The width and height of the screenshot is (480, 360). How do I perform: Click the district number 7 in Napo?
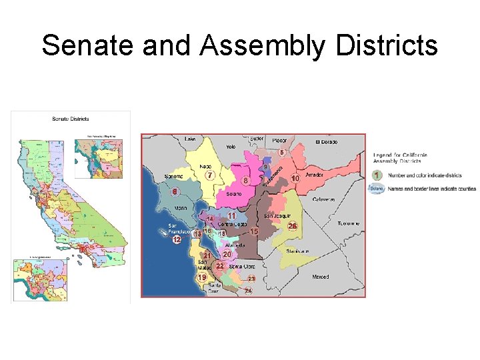[210, 175]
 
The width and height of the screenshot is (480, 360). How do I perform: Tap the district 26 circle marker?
[292, 227]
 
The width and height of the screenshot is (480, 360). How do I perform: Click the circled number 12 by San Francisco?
[177, 239]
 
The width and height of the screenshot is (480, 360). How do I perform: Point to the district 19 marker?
[202, 277]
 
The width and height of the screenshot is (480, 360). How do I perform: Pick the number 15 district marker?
[254, 231]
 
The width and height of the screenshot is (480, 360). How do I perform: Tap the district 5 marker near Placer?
[282, 153]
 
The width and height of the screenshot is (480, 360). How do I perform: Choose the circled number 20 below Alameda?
[227, 254]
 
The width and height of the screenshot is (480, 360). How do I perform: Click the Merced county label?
[320, 277]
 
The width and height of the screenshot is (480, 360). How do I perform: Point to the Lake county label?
[191, 139]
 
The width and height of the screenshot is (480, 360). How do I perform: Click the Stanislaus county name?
[297, 251]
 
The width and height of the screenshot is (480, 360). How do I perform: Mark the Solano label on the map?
[234, 194]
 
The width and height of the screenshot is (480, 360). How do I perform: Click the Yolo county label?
[231, 147]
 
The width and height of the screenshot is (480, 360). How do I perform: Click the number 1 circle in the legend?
[377, 175]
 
